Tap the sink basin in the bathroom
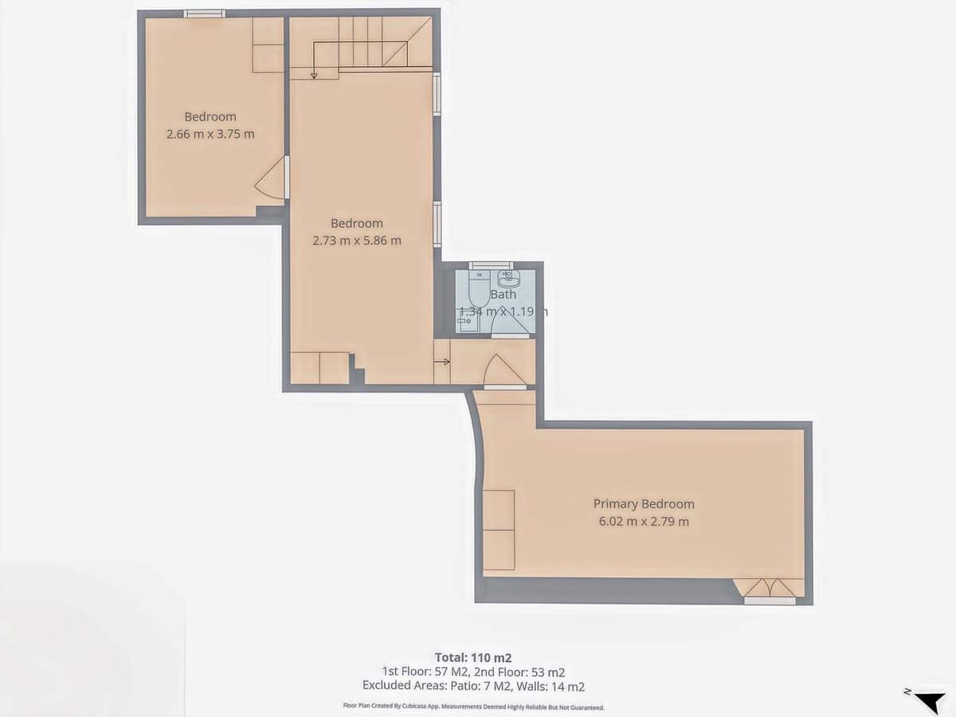click(x=507, y=279)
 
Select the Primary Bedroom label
click(x=644, y=503)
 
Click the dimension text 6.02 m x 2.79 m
click(x=644, y=522)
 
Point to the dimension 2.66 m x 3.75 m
click(x=210, y=134)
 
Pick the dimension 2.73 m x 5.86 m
click(x=357, y=240)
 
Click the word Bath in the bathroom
click(x=503, y=294)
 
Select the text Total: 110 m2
click(x=472, y=657)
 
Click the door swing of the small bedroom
click(x=272, y=179)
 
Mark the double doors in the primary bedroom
click(x=769, y=588)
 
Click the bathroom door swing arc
click(x=507, y=322)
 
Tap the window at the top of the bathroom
click(x=491, y=266)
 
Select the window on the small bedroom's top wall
click(x=205, y=14)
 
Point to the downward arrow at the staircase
click(x=314, y=75)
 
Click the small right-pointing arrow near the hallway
click(x=441, y=362)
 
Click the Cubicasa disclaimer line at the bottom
click(x=473, y=707)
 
